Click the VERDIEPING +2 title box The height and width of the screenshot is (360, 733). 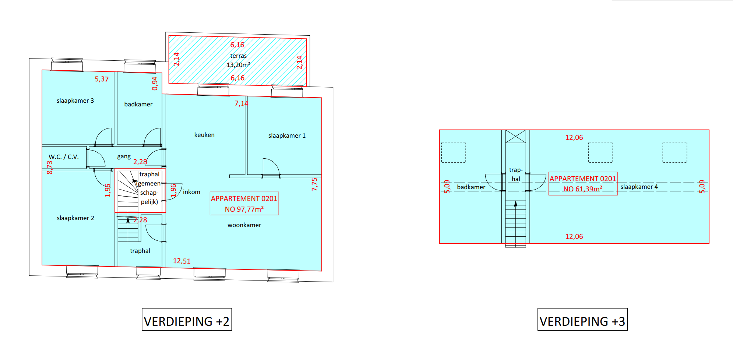pyautogui.click(x=187, y=320)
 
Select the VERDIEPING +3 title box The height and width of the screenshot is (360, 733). pyautogui.click(x=582, y=320)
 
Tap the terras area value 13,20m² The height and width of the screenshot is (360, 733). pyautogui.click(x=238, y=65)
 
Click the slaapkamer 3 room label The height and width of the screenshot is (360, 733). pyautogui.click(x=75, y=100)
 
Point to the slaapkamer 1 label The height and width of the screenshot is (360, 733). pyautogui.click(x=287, y=135)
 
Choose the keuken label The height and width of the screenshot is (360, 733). pyautogui.click(x=204, y=135)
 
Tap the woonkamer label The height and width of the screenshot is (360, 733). pyautogui.click(x=244, y=225)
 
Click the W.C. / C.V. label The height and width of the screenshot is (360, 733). pyautogui.click(x=64, y=157)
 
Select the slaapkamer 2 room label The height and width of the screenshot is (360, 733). pyautogui.click(x=75, y=218)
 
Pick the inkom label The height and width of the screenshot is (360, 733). pyautogui.click(x=191, y=192)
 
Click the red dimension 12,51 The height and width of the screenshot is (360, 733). pyautogui.click(x=182, y=261)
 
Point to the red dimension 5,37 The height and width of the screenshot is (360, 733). pyautogui.click(x=102, y=79)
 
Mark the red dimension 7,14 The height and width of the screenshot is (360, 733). pyautogui.click(x=242, y=103)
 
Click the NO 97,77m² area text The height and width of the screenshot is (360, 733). pyautogui.click(x=244, y=209)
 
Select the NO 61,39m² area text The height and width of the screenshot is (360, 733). pyautogui.click(x=583, y=189)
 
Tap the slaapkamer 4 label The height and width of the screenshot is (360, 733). pyautogui.click(x=639, y=187)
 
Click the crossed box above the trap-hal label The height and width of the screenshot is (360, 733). pyautogui.click(x=515, y=137)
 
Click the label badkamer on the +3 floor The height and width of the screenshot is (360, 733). pyautogui.click(x=471, y=187)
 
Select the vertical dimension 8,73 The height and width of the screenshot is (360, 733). pyautogui.click(x=50, y=167)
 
